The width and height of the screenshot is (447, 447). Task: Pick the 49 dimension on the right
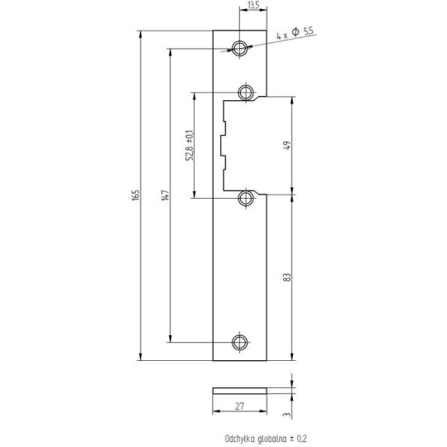tap(287, 146)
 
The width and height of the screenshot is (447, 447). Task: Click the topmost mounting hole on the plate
tap(240, 48)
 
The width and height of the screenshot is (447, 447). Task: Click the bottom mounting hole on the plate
tap(240, 341)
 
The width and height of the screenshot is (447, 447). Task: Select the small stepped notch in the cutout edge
tap(222, 144)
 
